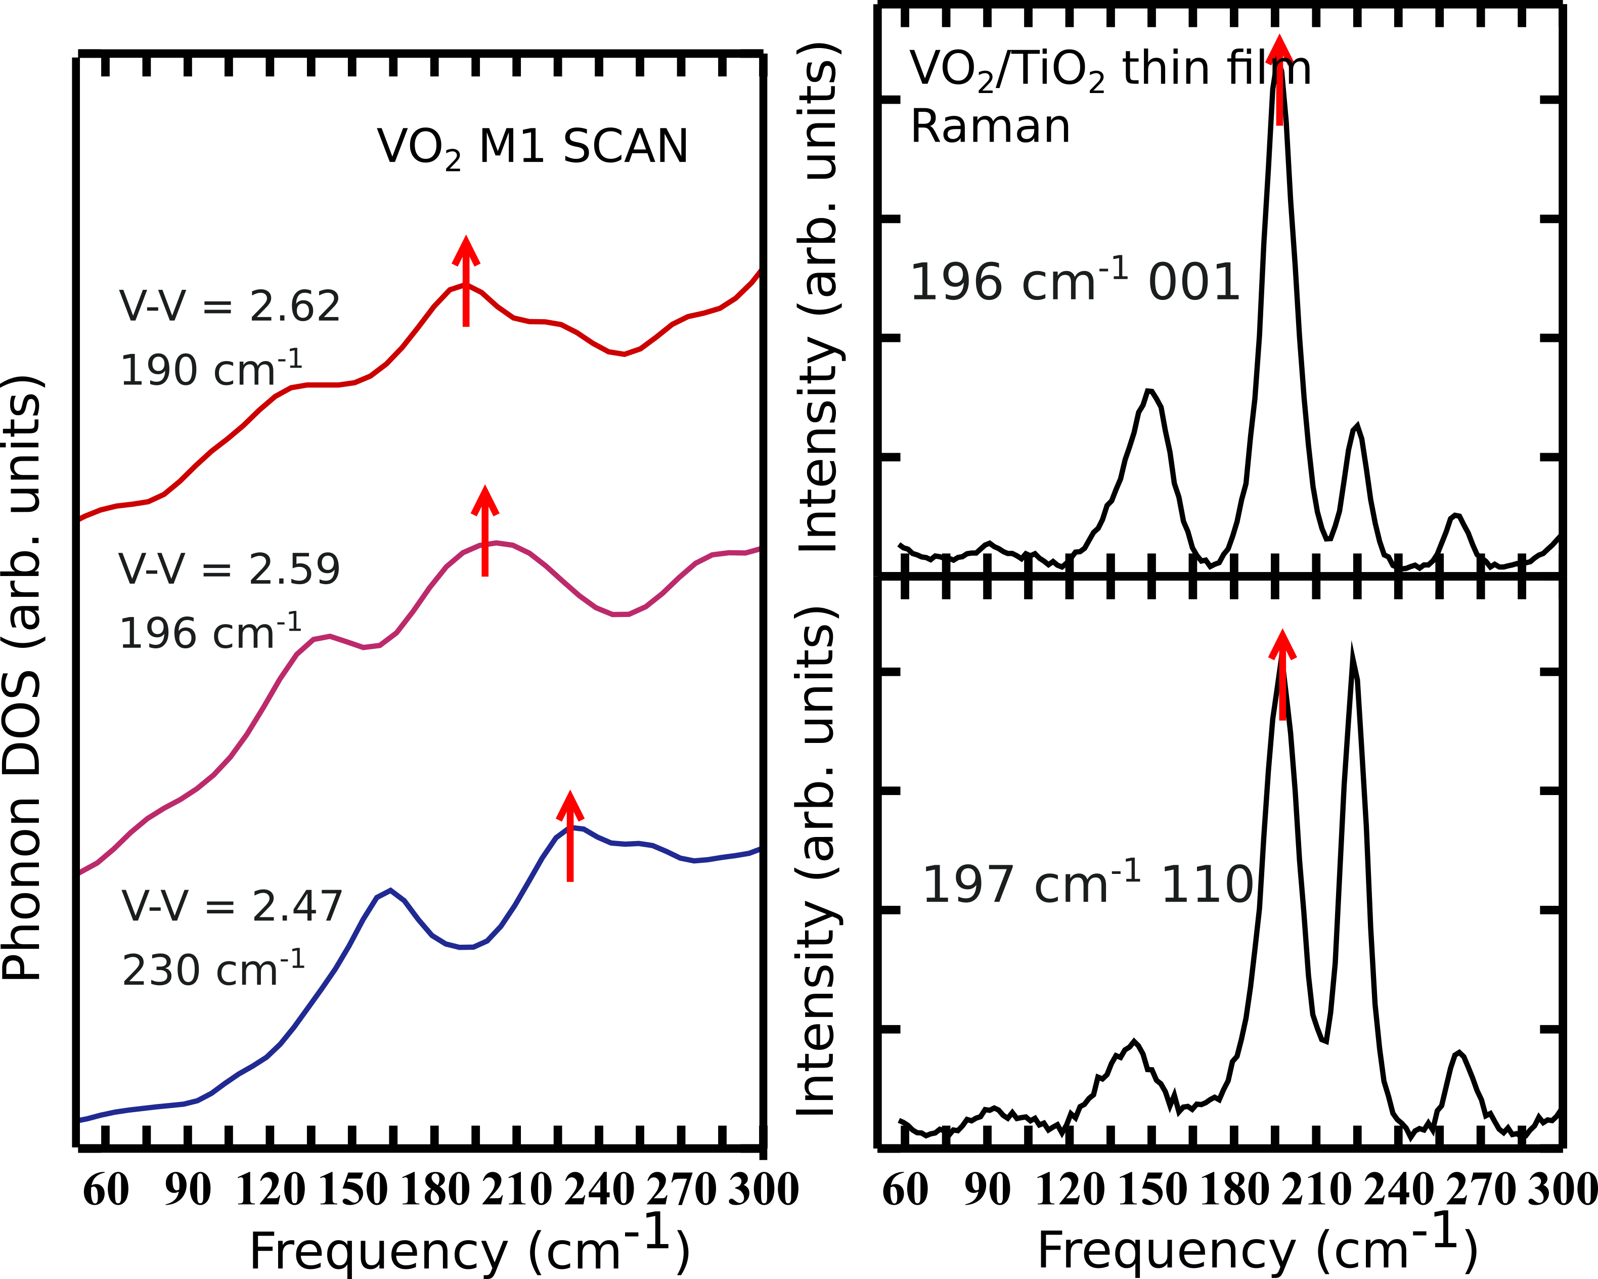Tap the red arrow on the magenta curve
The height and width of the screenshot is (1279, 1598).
(485, 532)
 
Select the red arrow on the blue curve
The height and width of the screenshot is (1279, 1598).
(570, 836)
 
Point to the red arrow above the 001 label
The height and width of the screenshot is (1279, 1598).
(1279, 80)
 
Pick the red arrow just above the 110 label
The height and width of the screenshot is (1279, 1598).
(1282, 675)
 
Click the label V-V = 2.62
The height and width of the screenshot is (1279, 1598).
(230, 306)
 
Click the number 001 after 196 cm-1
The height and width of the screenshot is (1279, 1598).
(1194, 283)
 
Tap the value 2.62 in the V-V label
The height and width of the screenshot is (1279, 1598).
(295, 306)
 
